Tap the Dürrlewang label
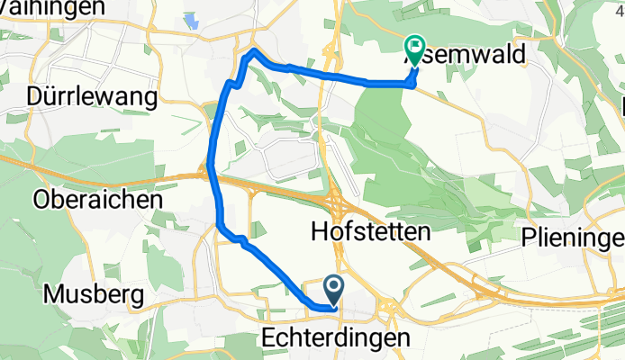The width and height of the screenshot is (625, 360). pos(93,96)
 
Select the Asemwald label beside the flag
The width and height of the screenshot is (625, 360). pos(477,55)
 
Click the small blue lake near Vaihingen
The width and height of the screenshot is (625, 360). pos(192,21)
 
